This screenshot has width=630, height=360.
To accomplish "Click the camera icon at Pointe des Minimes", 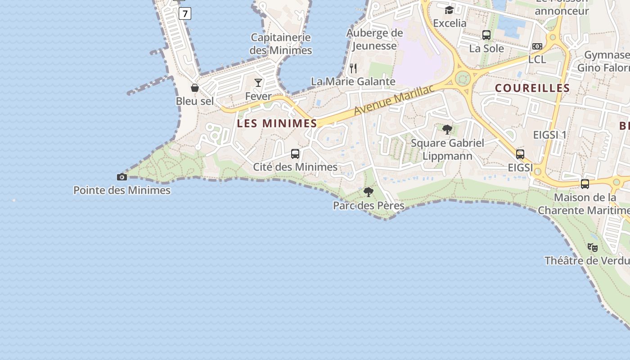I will pyautogui.click(x=121, y=177).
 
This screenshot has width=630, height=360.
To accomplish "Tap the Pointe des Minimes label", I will pyautogui.click(x=122, y=190).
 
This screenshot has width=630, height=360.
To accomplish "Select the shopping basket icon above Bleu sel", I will pyautogui.click(x=195, y=88).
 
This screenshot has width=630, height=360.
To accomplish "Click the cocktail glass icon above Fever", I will pyautogui.click(x=258, y=82).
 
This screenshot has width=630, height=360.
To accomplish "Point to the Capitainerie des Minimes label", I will pyautogui.click(x=281, y=44).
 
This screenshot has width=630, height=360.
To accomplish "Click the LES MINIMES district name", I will pyautogui.click(x=277, y=123).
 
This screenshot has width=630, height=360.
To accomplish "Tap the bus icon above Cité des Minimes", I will pyautogui.click(x=295, y=154).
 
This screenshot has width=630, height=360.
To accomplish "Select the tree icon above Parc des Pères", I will pyautogui.click(x=369, y=193).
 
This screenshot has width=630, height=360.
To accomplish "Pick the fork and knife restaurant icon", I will pyautogui.click(x=353, y=68).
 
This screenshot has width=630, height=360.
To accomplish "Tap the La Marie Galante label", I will pyautogui.click(x=353, y=81).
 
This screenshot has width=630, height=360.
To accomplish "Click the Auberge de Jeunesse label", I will pyautogui.click(x=374, y=39).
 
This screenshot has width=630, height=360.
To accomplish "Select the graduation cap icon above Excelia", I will pyautogui.click(x=449, y=10).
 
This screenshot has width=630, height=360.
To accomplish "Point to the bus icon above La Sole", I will pyautogui.click(x=486, y=35).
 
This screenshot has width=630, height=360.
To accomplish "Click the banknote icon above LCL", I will pyautogui.click(x=537, y=46).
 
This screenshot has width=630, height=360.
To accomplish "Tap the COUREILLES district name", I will pyautogui.click(x=532, y=88).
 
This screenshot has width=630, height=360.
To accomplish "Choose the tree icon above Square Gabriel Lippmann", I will pyautogui.click(x=447, y=130).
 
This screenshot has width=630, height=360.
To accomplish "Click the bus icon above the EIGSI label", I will pyautogui.click(x=520, y=154).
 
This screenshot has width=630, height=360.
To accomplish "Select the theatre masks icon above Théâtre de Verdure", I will pyautogui.click(x=593, y=247).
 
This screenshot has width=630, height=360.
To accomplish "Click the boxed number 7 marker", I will pyautogui.click(x=184, y=13).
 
